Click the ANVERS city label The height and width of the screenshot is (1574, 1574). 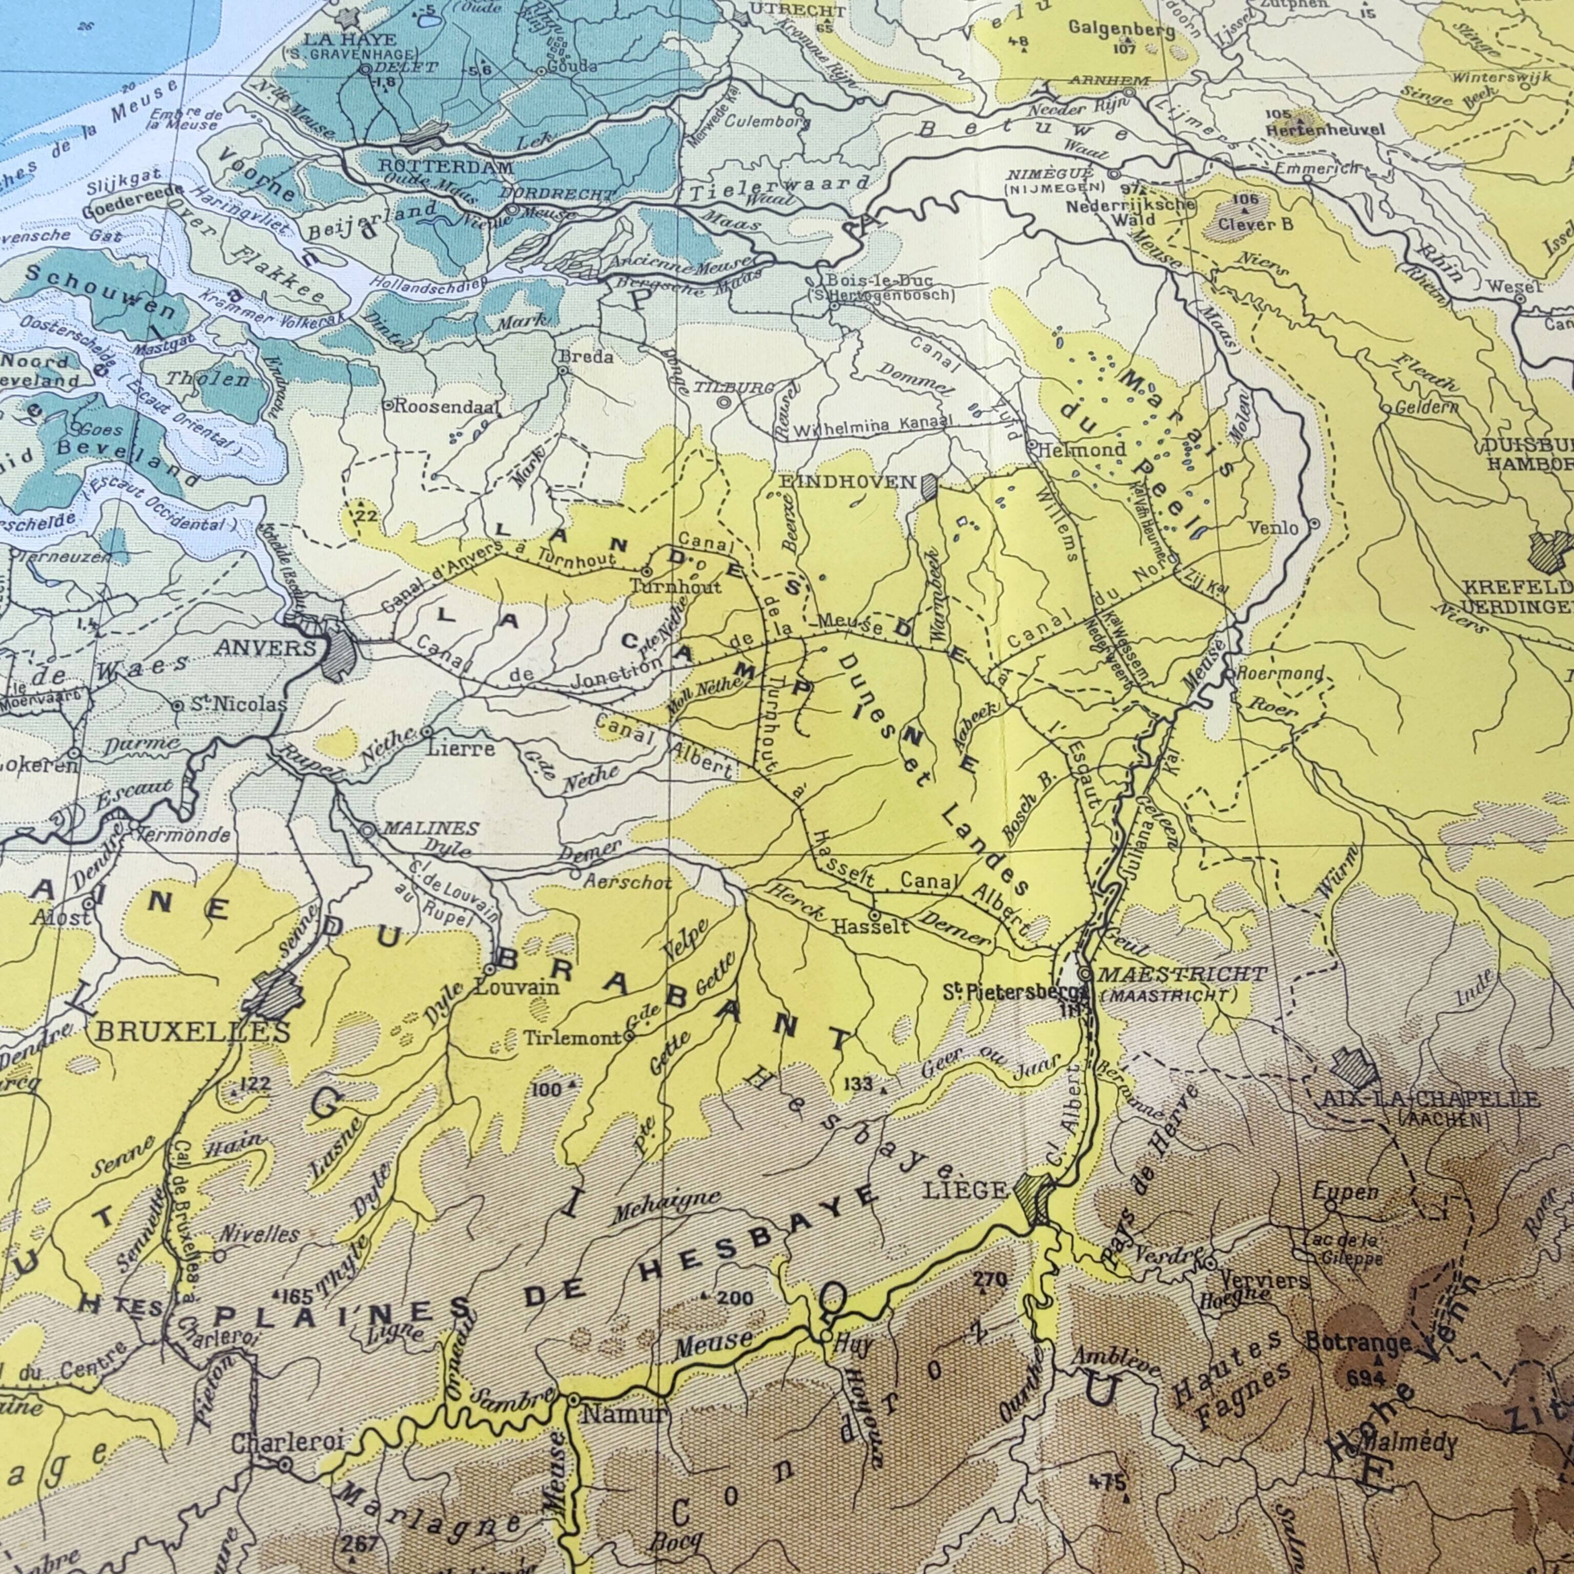point(265,649)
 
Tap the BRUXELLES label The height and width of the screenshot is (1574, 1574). point(193,1031)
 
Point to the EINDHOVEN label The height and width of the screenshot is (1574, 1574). point(847,482)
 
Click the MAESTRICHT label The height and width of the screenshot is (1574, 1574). point(1182,974)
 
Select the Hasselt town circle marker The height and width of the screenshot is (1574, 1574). point(874,916)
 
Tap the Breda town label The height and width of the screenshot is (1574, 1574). point(586,357)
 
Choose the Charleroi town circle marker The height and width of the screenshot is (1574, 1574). point(285,1464)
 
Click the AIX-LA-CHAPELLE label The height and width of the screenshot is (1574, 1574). point(1430,1100)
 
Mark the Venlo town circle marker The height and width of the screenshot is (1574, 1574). point(1315,526)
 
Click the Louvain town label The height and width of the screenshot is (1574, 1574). point(516,987)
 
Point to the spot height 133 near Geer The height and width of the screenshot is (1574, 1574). point(857,1084)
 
